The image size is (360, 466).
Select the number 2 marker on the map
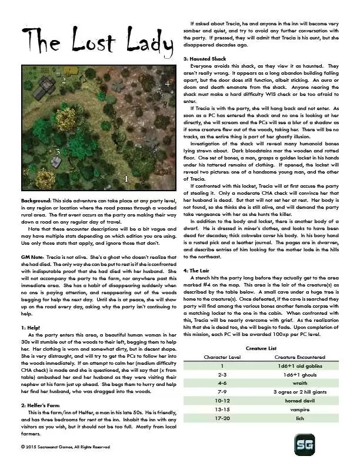pos(62,82)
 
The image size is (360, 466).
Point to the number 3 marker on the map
pos(57,151)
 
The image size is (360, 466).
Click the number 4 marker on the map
pos(167,84)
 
